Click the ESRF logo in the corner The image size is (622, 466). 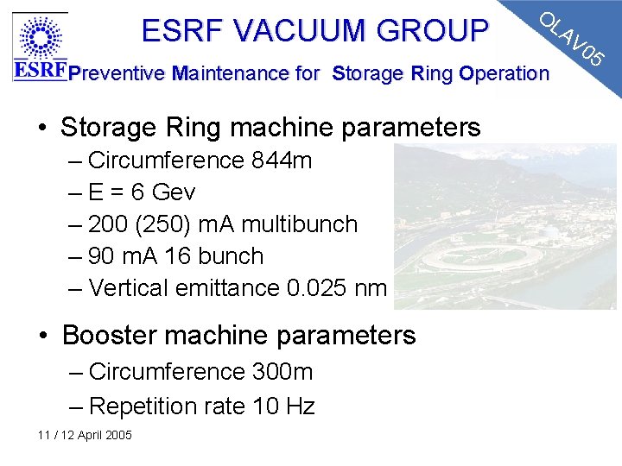point(40,47)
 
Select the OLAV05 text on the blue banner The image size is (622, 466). point(571,40)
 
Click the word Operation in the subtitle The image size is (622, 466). point(505,73)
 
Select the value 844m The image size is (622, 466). point(282,161)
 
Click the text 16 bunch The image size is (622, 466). point(223,255)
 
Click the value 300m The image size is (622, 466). point(282,372)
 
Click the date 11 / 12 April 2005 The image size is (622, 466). point(85,435)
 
